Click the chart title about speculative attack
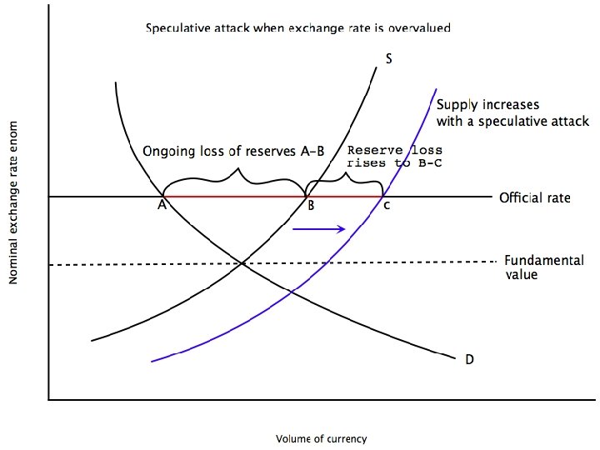point(297,27)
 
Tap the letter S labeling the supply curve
point(389,58)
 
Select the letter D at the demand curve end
point(469,360)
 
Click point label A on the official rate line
point(160,207)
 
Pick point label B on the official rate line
point(310,207)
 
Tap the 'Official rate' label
point(534,198)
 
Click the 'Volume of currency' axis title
point(321,437)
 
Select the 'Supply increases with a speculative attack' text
point(512,113)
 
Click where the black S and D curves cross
point(242,264)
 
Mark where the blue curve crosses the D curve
point(290,291)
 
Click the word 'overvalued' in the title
point(422,27)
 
